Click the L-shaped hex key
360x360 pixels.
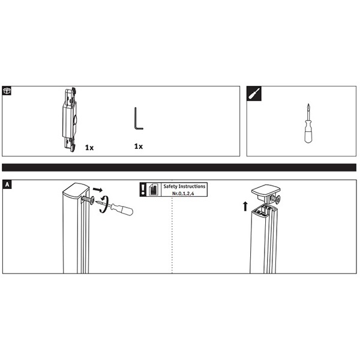(x=135, y=119)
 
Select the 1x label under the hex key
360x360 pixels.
(x=139, y=146)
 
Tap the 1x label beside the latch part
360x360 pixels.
(x=89, y=148)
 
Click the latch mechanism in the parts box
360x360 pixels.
(x=70, y=119)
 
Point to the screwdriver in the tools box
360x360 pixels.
(x=308, y=124)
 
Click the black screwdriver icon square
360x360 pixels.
(x=254, y=94)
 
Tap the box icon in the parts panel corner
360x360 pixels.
(x=7, y=91)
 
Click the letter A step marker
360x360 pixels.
(x=7, y=184)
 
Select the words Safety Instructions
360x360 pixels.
(x=184, y=186)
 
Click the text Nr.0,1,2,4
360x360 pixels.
(x=183, y=194)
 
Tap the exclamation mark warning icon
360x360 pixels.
(x=143, y=190)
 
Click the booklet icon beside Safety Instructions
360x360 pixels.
(x=154, y=190)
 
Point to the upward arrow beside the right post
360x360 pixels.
(x=245, y=206)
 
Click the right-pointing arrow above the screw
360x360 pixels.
(x=98, y=190)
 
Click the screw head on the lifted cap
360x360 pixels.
(x=278, y=199)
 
